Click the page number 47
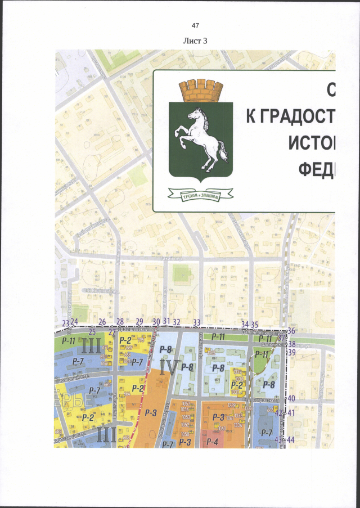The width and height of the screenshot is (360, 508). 196,26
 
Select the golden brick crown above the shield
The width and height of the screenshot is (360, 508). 198,89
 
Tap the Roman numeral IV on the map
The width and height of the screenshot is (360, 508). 168,368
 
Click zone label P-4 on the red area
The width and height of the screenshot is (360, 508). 212,442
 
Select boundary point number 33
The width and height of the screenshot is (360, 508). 197,322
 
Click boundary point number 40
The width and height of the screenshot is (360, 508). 291,398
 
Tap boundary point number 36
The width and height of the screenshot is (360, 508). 291,331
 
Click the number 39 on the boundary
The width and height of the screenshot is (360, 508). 291,352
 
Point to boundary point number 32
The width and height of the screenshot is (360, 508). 176,322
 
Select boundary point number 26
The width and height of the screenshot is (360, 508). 102,322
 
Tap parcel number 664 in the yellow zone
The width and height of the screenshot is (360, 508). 127,394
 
